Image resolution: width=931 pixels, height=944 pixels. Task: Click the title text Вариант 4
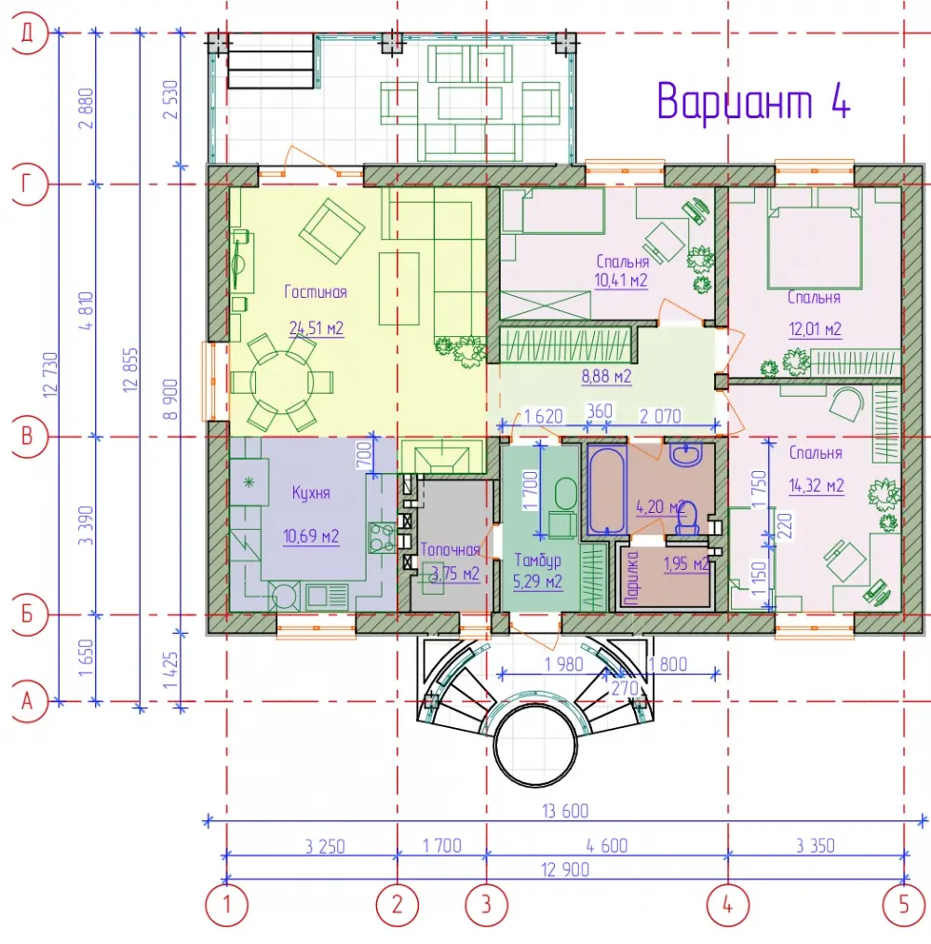tap(753, 102)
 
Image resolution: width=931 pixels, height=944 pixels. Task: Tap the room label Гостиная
tap(316, 292)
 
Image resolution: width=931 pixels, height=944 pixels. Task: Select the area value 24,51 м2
tap(317, 328)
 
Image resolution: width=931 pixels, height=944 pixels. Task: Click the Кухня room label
tap(311, 492)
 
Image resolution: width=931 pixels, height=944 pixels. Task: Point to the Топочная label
tap(450, 549)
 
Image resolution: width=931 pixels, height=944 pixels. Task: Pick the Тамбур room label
tap(538, 560)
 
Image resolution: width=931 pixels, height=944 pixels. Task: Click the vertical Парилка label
tap(632, 578)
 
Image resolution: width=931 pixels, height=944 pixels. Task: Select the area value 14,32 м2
tap(816, 485)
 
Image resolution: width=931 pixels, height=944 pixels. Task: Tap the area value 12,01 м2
tap(815, 330)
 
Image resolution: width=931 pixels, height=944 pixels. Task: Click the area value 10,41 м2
tap(621, 280)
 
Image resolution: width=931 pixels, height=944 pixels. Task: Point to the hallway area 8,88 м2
tap(606, 377)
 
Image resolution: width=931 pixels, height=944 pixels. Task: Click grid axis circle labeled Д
tap(27, 34)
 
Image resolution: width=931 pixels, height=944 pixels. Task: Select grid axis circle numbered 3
tap(487, 904)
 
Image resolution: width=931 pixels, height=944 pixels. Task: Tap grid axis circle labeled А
tap(27, 701)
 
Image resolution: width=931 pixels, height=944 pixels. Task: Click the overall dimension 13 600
tap(565, 811)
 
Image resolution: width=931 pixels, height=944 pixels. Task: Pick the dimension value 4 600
tap(607, 846)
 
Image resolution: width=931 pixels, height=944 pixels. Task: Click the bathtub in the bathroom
tap(607, 490)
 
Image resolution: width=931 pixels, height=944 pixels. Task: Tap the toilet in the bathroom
tap(687, 519)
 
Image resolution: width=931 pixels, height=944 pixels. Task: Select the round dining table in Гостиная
tap(282, 382)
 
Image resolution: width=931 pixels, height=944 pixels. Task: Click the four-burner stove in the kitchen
tap(383, 537)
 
